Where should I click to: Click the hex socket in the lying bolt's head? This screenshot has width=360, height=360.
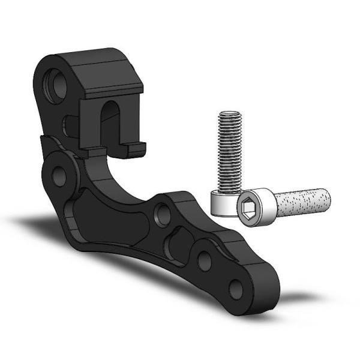point(250,207)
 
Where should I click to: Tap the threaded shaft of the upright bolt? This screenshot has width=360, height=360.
point(230,150)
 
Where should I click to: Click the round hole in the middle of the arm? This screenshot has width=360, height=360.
point(160,214)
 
